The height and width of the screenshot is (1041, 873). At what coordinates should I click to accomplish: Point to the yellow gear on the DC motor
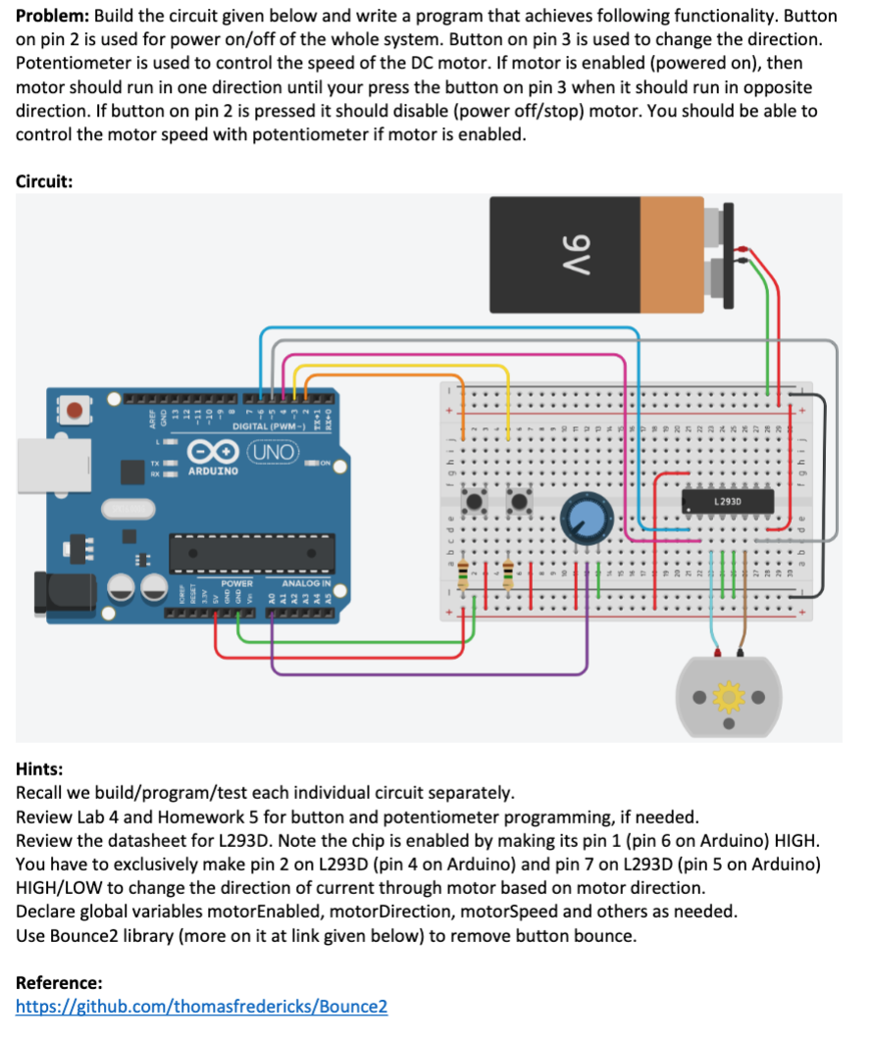click(x=729, y=697)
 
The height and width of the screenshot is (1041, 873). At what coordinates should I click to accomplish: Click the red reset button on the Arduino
click(x=74, y=406)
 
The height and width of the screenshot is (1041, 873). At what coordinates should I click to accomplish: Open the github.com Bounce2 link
click(x=201, y=1006)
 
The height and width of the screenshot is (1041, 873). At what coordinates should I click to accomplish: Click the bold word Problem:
click(x=50, y=17)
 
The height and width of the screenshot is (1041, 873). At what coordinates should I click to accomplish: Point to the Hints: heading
click(x=39, y=769)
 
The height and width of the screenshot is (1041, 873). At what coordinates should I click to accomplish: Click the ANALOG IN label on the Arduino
click(x=306, y=584)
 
